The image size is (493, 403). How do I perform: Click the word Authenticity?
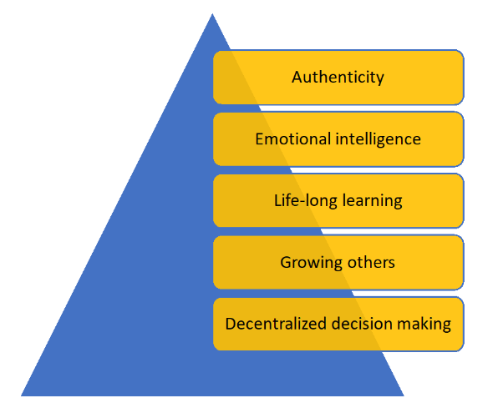338,78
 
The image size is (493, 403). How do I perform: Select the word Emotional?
293,139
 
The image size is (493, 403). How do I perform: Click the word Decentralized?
276,324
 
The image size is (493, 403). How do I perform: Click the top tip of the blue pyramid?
212,14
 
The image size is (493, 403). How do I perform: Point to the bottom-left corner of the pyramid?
21,395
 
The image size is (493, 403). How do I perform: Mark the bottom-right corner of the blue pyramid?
404,395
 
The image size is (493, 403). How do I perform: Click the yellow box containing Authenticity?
338,78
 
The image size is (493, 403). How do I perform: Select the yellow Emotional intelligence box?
338,139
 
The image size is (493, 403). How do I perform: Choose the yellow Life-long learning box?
338,201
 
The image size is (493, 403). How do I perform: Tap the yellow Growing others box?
338,262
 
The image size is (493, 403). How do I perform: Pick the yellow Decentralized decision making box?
338,325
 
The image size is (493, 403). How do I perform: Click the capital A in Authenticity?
297,78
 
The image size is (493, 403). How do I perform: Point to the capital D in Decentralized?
231,324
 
